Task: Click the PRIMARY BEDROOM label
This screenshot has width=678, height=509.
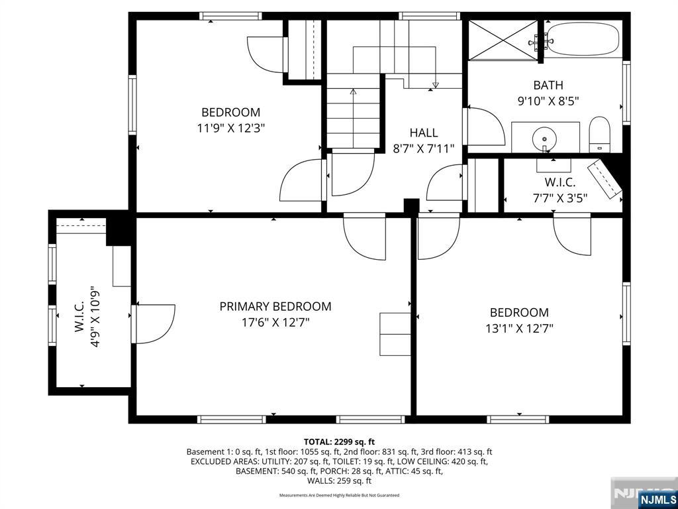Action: pyautogui.click(x=275, y=306)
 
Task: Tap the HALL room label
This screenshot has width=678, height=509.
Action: pyautogui.click(x=424, y=133)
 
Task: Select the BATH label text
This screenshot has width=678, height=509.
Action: pyautogui.click(x=548, y=85)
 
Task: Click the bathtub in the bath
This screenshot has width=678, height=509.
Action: pyautogui.click(x=583, y=39)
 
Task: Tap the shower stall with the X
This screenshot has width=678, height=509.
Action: pyautogui.click(x=503, y=40)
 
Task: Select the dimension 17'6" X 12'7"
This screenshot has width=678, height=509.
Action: pyautogui.click(x=275, y=323)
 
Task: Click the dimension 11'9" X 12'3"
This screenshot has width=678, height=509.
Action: pyautogui.click(x=231, y=129)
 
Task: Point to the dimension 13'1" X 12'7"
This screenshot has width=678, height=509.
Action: pyautogui.click(x=519, y=328)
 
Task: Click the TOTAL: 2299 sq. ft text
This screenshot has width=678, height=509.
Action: pyautogui.click(x=339, y=441)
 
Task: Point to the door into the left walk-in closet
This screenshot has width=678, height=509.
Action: pyautogui.click(x=154, y=323)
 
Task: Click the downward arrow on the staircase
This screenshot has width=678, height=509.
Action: pyautogui.click(x=435, y=85)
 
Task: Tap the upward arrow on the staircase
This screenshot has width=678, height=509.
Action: pyautogui.click(x=353, y=91)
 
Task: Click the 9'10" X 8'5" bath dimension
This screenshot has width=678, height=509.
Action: pyautogui.click(x=548, y=101)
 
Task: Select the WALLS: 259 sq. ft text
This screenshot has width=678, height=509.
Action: pyautogui.click(x=339, y=481)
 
